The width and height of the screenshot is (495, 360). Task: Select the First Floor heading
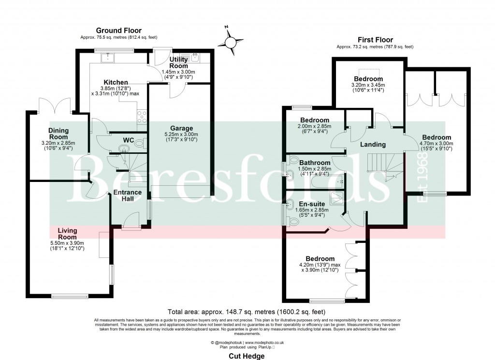(375, 40)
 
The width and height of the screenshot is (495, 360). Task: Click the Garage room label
(179, 129)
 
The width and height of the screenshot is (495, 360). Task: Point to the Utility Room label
(178, 62)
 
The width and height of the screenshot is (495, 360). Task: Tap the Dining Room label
(58, 134)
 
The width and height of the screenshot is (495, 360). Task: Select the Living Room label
(68, 234)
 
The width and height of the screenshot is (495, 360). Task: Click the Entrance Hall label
(127, 195)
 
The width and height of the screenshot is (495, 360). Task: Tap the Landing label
(373, 144)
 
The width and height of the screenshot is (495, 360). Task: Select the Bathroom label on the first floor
(315, 163)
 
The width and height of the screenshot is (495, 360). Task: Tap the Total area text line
(247, 312)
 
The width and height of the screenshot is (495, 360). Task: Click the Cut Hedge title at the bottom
(247, 356)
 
